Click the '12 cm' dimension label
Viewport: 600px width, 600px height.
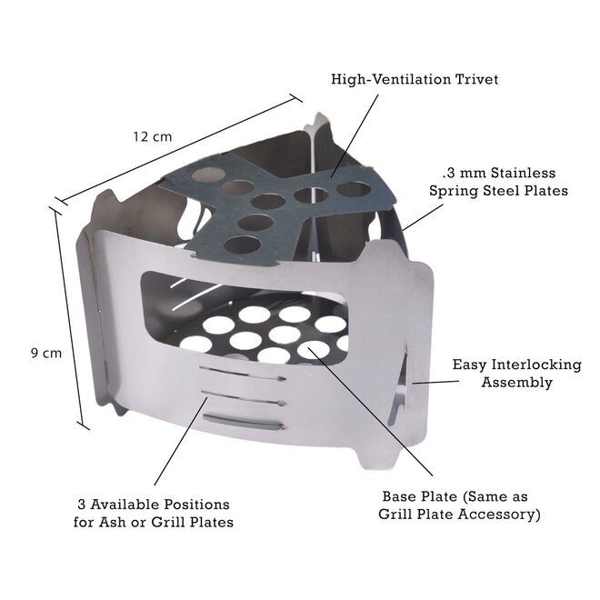pos(151,137)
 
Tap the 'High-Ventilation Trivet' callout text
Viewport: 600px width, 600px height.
pos(415,79)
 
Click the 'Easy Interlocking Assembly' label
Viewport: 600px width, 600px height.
pos(517,374)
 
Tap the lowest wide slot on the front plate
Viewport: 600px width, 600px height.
pos(243,422)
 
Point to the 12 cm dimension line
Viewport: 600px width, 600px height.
pos(182,145)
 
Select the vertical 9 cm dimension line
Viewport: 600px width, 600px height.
pos(70,318)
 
